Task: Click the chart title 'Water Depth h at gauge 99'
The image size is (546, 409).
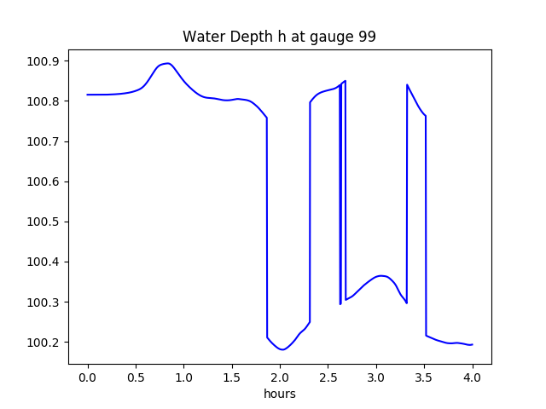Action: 279,37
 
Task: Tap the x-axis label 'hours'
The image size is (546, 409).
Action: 279,395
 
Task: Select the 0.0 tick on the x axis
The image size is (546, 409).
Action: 88,377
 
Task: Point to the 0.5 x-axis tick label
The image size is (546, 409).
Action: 136,377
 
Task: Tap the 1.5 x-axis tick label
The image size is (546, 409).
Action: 232,377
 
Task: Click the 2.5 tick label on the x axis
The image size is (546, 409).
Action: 328,377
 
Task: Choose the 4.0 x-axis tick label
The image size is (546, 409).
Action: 473,377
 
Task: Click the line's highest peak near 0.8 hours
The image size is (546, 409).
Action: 167,63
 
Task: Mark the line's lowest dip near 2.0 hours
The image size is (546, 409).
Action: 282,349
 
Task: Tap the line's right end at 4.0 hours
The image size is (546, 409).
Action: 473,344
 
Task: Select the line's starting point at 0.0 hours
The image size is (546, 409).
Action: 88,95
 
